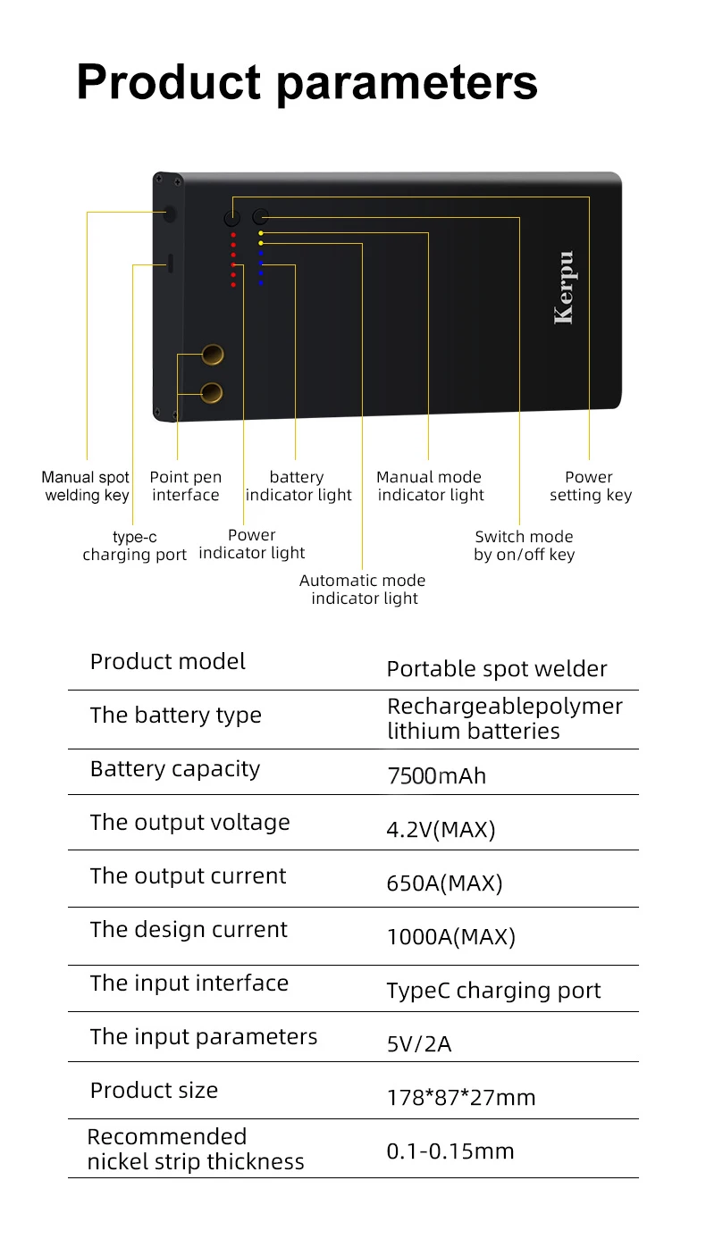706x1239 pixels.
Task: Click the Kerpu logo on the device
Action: coord(565,287)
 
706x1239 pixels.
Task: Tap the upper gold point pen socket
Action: coord(213,355)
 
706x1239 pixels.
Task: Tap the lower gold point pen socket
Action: coord(212,393)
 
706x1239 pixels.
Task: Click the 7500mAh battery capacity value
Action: coord(436,775)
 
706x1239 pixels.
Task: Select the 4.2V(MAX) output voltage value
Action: coord(441,829)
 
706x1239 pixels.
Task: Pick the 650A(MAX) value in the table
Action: coord(444,883)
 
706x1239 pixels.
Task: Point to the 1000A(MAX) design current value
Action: coord(451,936)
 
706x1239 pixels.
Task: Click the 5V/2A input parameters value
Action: coord(419,1043)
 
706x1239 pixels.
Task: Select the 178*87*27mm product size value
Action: coord(461,1097)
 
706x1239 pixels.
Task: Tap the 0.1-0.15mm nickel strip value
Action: coord(450,1151)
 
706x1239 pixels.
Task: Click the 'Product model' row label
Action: coord(168,661)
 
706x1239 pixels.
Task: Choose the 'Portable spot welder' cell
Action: coord(497,669)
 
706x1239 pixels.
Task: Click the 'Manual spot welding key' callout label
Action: coord(86,486)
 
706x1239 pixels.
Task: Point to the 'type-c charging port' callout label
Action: coord(134,546)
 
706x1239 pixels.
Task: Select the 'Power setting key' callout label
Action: coord(591,486)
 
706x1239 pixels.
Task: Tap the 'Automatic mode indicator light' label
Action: coord(363,589)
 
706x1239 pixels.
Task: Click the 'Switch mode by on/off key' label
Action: coord(524,546)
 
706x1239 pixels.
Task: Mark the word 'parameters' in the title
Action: coord(407,83)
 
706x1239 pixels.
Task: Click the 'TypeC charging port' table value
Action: coord(493,990)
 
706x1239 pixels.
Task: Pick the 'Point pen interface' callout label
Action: coord(185,486)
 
